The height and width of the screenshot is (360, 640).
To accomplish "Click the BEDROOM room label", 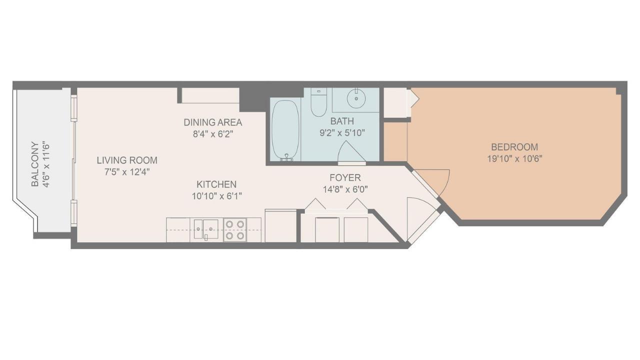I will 514,147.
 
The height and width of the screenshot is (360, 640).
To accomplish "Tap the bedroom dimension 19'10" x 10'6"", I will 514,158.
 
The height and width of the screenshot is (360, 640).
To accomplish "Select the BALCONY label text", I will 34,164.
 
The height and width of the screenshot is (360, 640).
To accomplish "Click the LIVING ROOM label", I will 127,160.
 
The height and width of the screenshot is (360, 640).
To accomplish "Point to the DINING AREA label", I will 212,122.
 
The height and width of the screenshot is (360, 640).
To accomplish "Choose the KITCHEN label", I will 216,184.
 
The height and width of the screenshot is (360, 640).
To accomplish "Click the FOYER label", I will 344,178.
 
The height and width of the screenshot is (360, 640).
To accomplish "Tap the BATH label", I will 342,121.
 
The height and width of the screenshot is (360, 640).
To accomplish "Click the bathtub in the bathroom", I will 286,129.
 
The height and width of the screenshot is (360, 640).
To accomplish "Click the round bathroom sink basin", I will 356,98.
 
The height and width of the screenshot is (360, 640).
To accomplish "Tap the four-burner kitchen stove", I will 234,230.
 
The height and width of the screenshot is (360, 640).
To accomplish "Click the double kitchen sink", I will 206,229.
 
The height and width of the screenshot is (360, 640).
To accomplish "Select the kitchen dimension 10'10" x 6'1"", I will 216,196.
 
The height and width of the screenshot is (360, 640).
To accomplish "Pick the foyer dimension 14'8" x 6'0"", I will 344,189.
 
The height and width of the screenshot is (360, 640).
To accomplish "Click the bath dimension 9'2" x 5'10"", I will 342,132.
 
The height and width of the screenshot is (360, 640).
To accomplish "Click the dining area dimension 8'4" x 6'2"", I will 212,134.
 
